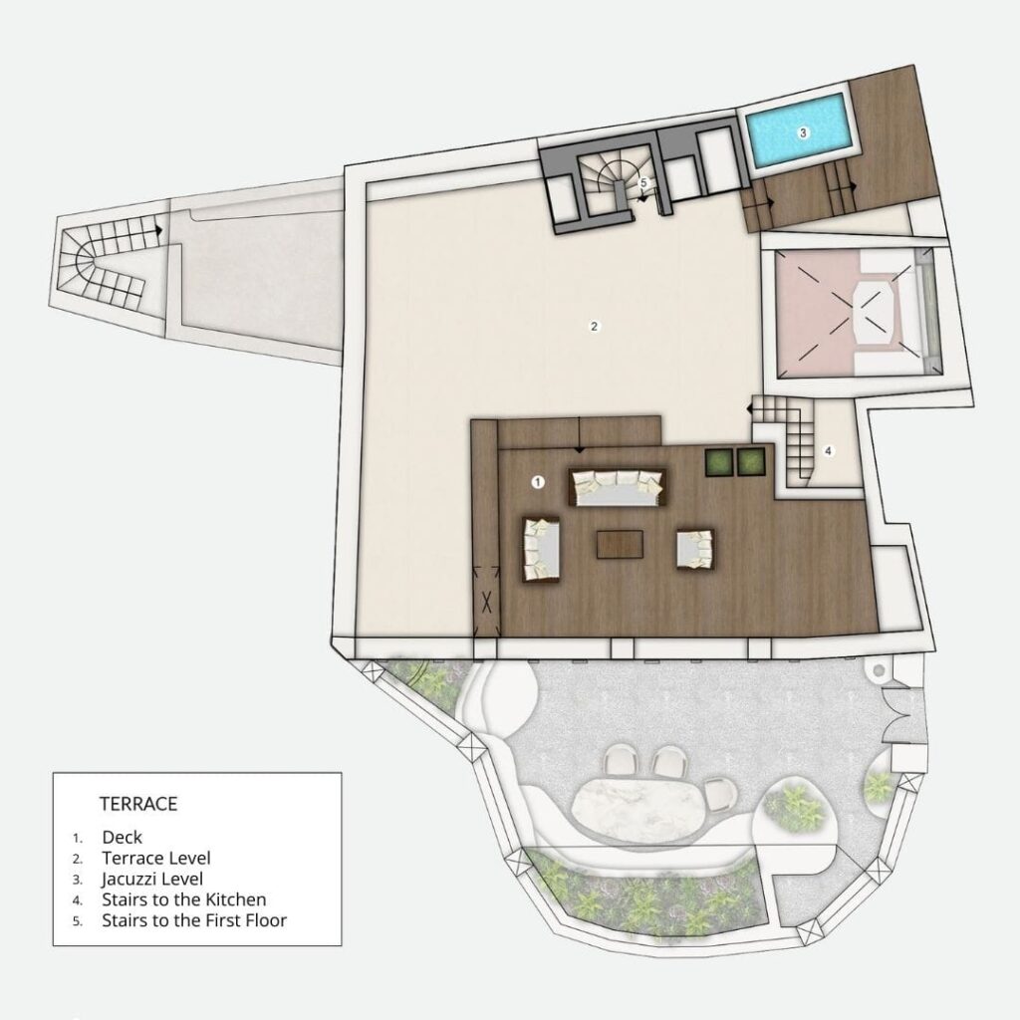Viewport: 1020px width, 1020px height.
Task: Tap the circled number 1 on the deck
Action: pos(538,482)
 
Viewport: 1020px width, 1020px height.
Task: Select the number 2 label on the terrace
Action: pos(594,326)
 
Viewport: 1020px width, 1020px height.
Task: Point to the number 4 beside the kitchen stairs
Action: pos(828,450)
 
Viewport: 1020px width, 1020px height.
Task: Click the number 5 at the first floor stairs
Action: pos(643,183)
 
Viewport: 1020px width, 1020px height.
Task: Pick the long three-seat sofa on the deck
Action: pos(616,487)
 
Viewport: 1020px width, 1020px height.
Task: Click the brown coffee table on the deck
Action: pos(620,544)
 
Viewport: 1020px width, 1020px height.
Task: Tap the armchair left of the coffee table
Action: pos(543,548)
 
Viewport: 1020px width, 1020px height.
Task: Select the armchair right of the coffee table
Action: pos(694,549)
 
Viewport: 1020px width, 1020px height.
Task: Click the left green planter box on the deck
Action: pos(719,461)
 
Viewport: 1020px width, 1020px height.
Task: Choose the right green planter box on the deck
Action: pos(751,461)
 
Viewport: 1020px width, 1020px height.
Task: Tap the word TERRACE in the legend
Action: pos(137,801)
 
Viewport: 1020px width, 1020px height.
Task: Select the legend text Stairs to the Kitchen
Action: pos(184,899)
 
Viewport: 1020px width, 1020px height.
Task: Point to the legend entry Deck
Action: pos(123,837)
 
